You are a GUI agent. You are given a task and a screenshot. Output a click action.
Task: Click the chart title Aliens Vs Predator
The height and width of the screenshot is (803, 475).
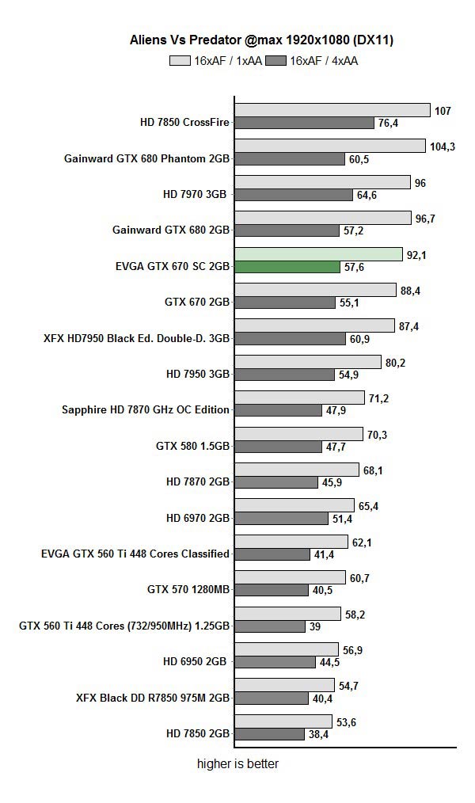[x=250, y=40]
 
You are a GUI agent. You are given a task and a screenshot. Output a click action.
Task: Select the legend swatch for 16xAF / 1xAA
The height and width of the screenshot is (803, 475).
[x=180, y=60]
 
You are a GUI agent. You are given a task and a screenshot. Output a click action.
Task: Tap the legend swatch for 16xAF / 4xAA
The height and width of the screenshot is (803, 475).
[x=275, y=60]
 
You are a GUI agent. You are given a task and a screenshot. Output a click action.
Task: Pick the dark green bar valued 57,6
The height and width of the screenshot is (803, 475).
[x=288, y=267]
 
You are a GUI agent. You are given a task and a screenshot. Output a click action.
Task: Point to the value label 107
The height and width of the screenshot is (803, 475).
[x=443, y=111]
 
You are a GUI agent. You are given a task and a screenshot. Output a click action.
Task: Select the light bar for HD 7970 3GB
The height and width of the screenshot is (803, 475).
[x=323, y=182]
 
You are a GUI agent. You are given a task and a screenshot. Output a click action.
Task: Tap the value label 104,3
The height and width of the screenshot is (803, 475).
[x=443, y=147]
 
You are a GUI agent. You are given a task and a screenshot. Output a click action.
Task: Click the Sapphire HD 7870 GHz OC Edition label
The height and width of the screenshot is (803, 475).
[x=146, y=409]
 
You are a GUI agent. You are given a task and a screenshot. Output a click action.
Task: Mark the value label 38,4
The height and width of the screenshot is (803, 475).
[x=319, y=734]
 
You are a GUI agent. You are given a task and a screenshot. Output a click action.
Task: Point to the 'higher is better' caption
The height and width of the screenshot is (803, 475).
[x=237, y=764]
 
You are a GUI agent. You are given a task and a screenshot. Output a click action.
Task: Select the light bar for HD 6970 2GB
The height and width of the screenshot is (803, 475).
[x=294, y=505]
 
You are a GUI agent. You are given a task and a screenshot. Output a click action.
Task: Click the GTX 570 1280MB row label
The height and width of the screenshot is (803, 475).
[x=188, y=589]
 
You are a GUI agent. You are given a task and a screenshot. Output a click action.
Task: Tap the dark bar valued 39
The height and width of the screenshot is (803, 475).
[x=270, y=626]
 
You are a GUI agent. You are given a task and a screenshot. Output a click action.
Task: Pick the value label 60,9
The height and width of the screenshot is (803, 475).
[x=359, y=338]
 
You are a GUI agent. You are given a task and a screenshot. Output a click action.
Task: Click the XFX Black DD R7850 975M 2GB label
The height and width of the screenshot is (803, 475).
[x=153, y=698]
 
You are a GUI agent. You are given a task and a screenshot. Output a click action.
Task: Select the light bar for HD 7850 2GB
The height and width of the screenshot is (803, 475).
[x=283, y=721]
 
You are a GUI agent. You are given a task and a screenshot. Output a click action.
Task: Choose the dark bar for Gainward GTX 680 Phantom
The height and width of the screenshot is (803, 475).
[x=289, y=158]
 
